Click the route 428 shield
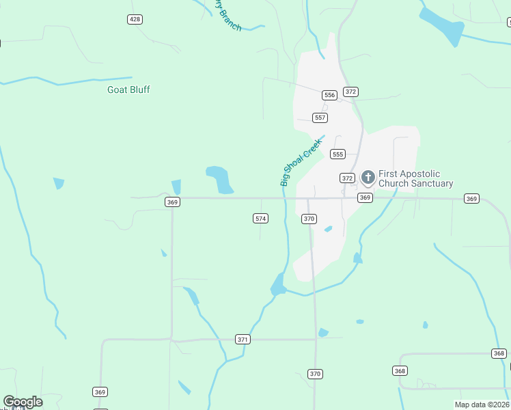(135, 19)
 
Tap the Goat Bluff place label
(128, 90)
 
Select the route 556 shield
(330, 95)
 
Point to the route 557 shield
(320, 118)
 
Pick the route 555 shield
(337, 154)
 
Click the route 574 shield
(260, 219)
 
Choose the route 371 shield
(243, 339)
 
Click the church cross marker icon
(368, 178)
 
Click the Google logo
(23, 402)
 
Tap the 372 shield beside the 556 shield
(351, 92)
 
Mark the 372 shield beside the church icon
(347, 178)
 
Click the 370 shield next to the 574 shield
(309, 219)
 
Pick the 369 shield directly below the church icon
(365, 197)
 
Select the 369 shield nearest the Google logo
(100, 392)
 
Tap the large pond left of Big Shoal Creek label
(220, 179)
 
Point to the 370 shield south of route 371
(315, 374)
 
